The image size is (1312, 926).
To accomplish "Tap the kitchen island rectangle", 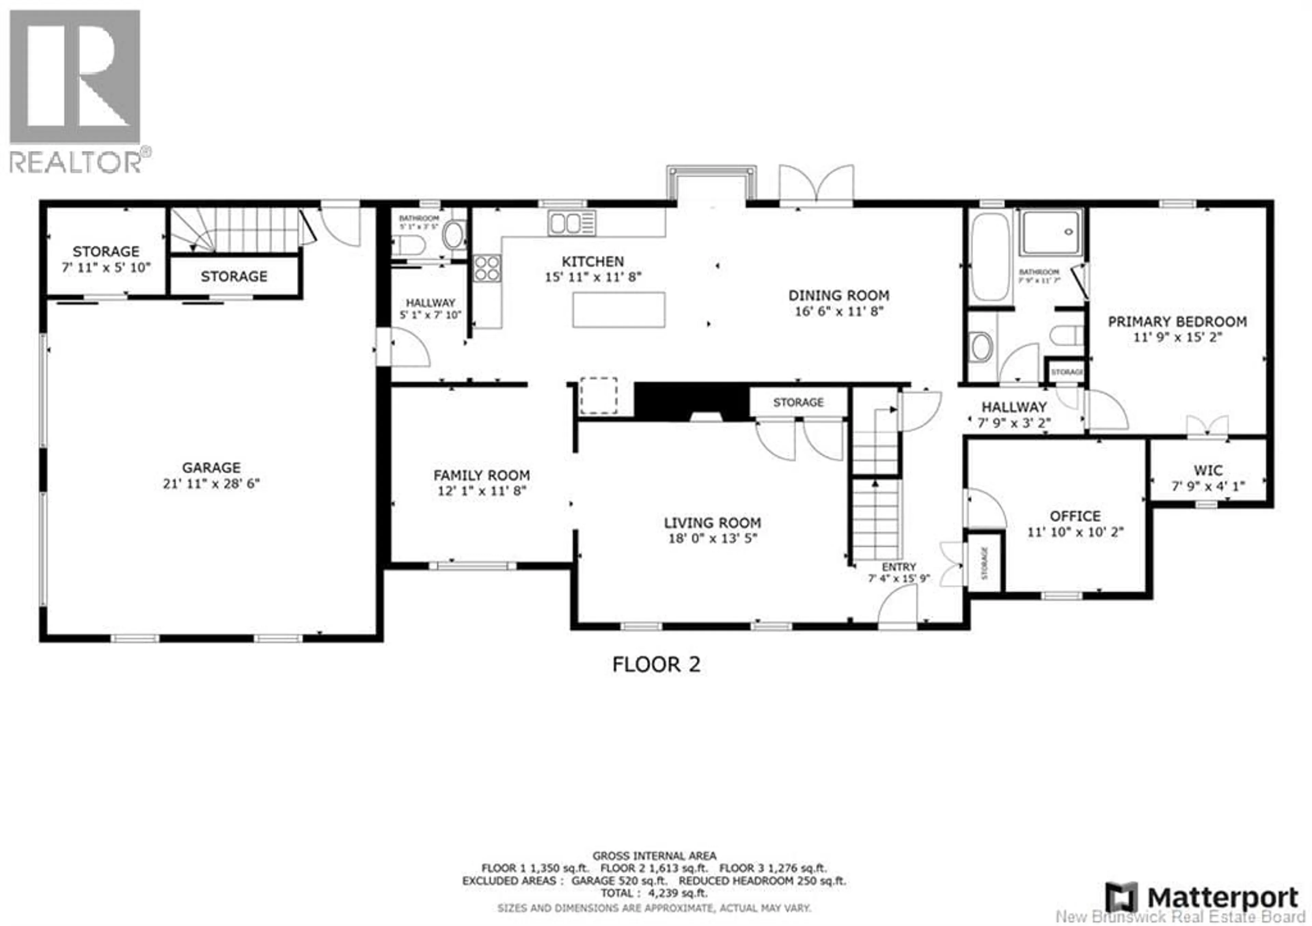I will [619, 309].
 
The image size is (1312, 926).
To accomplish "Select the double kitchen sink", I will [571, 223].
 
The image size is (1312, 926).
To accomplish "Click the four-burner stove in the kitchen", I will [487, 268].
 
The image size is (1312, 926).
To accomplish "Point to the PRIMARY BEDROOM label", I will [1177, 322].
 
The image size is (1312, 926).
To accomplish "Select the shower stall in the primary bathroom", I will [1051, 233].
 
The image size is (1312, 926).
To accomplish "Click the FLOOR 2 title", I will [656, 664].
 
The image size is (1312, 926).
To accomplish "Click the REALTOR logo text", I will [76, 162].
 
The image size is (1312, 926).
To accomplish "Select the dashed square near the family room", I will [598, 395].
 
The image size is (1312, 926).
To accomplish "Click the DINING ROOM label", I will [838, 295].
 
